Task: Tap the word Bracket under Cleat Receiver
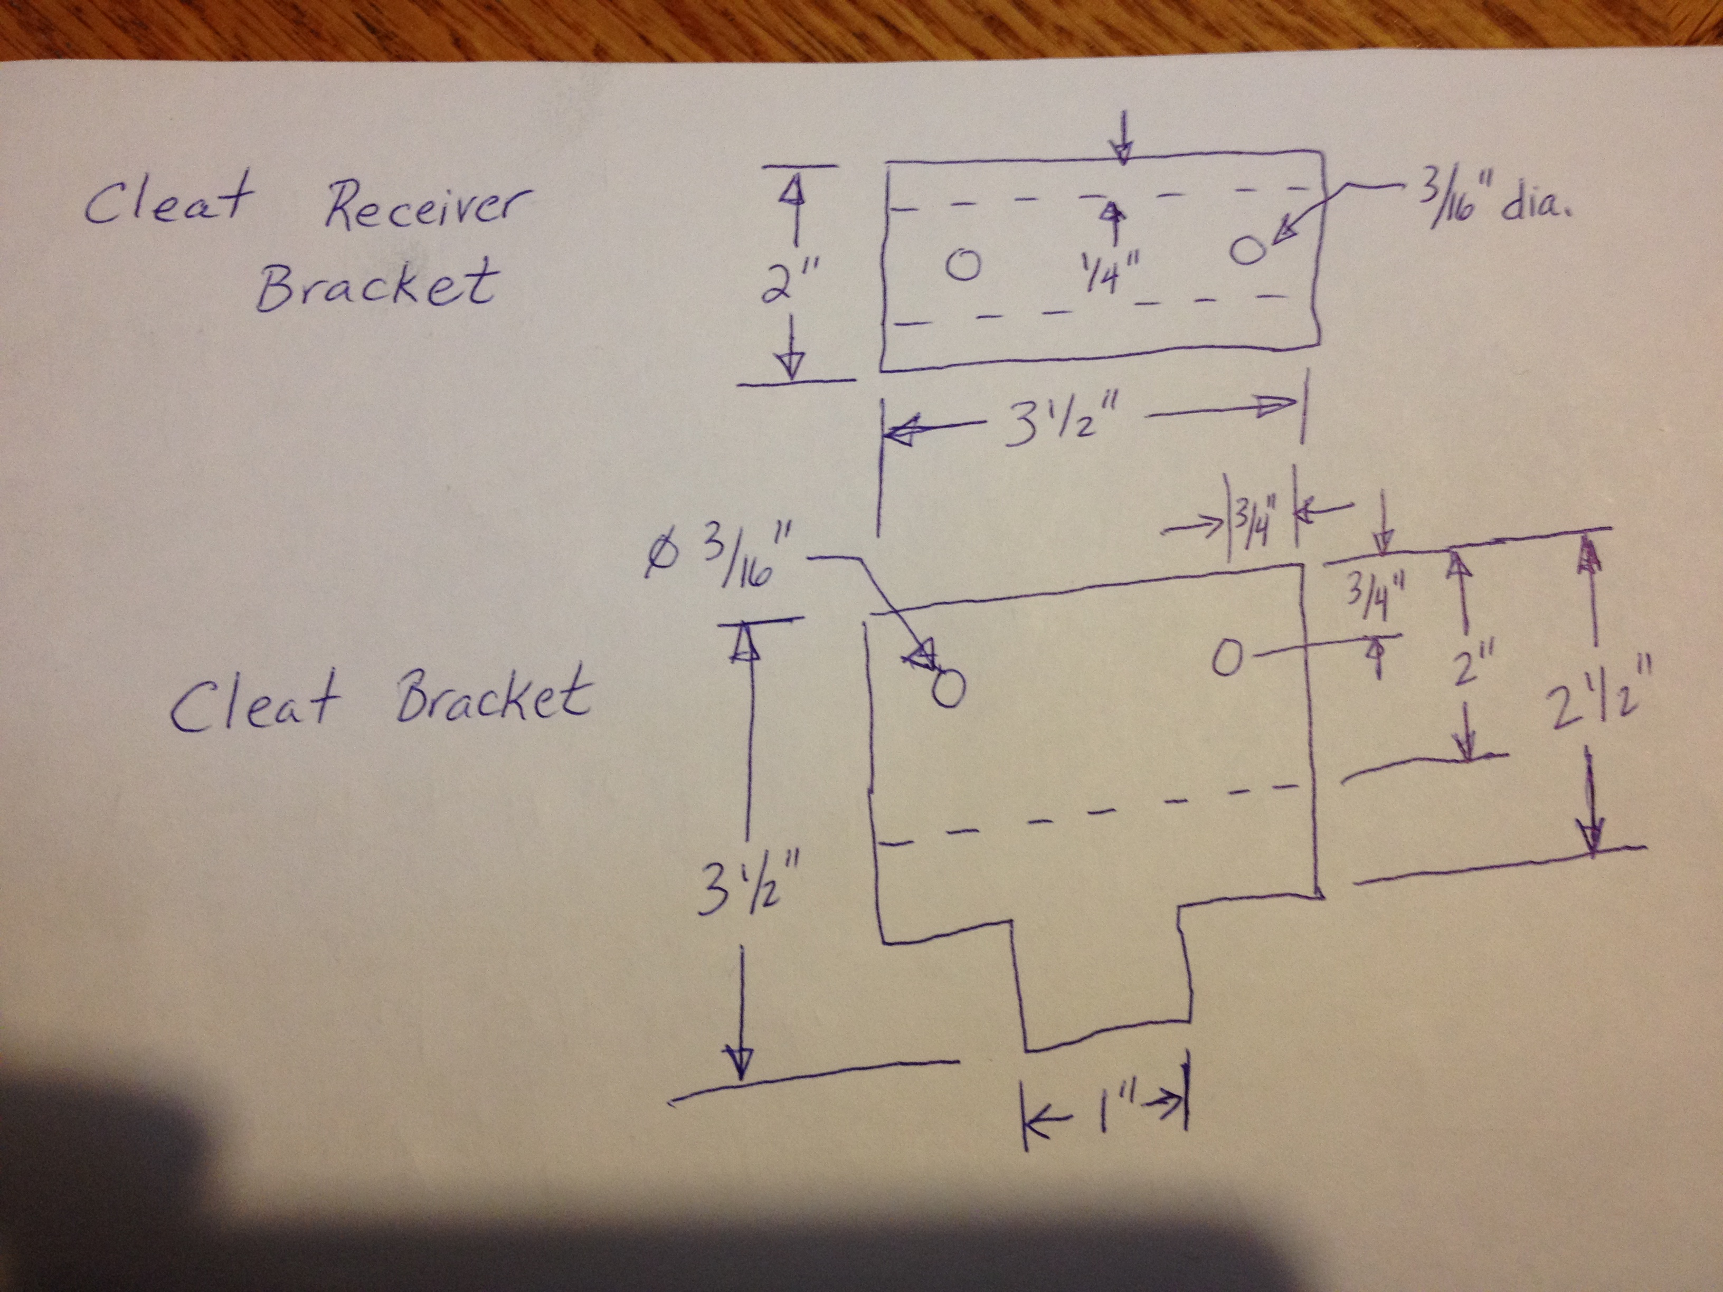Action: (376, 285)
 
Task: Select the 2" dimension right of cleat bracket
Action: (1465, 670)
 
